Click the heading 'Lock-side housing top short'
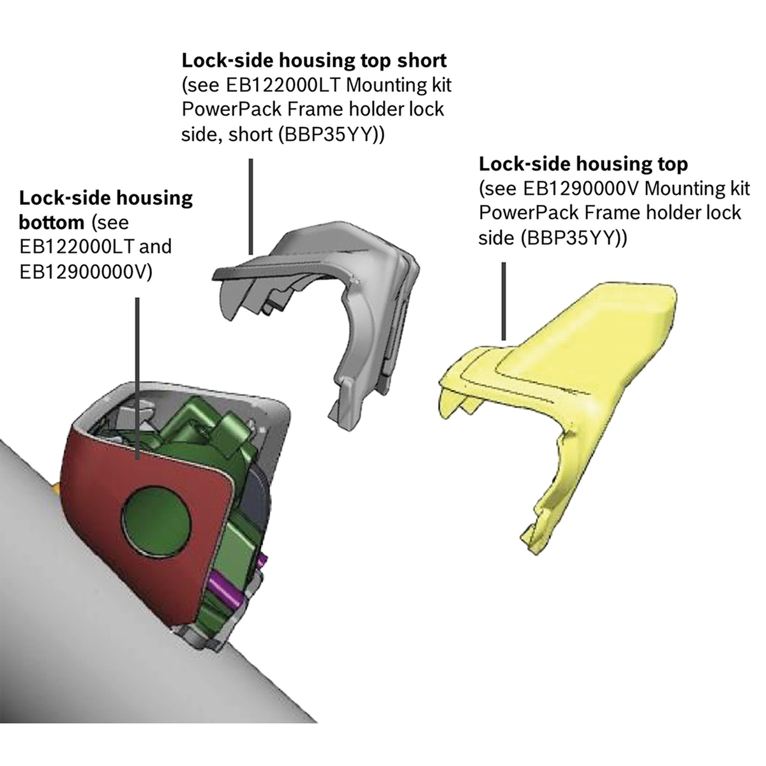[314, 61]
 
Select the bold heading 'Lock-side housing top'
[583, 164]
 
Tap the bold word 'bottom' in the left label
[51, 222]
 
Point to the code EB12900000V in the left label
[86, 271]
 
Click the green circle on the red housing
[157, 518]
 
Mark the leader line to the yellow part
[504, 300]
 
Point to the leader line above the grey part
[251, 207]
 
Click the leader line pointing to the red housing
[138, 377]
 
